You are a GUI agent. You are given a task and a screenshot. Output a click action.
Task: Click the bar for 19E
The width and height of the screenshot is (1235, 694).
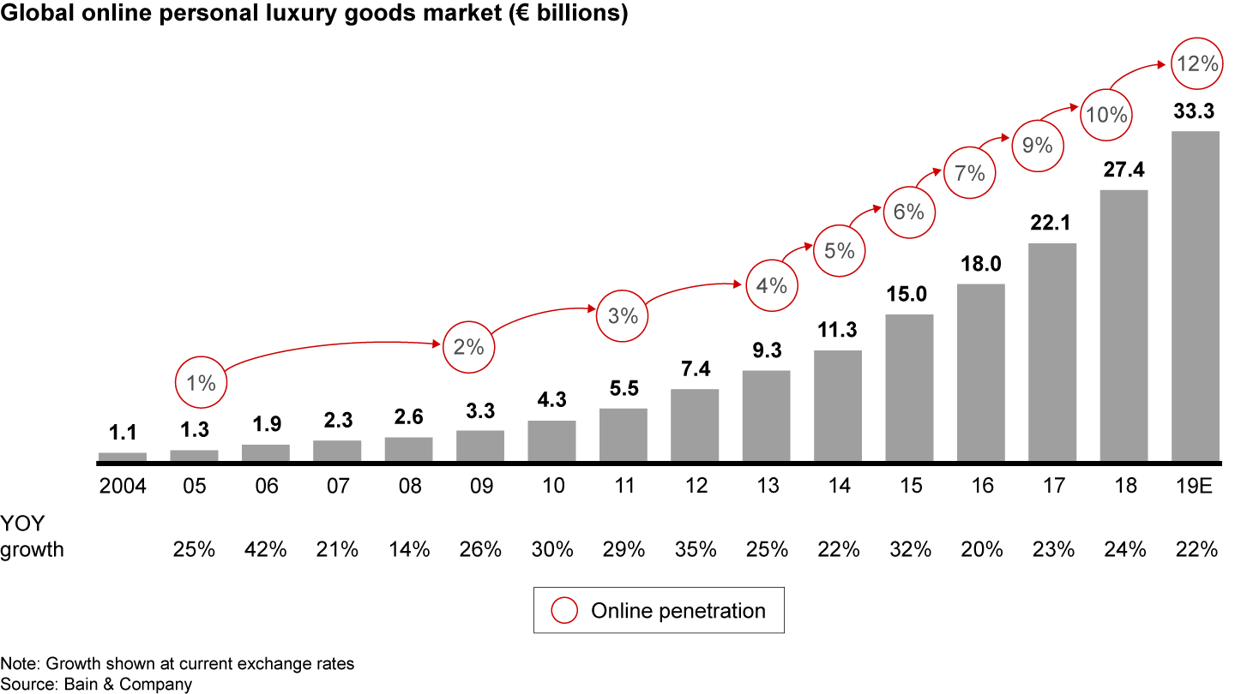point(1196,296)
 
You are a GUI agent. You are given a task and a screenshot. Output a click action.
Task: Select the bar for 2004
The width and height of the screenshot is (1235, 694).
point(123,457)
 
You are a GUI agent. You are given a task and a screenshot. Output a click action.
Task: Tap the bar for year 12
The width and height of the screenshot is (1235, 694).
point(695,425)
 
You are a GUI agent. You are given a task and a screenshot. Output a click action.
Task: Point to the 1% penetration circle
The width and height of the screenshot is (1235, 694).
point(202,383)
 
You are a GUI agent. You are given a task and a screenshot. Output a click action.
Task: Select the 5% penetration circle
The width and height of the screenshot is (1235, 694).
point(839,251)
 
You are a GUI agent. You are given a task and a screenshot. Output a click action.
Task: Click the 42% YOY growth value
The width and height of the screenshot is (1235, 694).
point(266,549)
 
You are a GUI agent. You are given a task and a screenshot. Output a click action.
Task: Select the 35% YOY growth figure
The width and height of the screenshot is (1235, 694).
point(695,549)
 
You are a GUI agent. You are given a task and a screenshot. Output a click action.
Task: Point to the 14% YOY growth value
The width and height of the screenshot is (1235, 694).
point(409,549)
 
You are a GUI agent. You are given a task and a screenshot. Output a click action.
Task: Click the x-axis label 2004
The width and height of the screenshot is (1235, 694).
point(123,486)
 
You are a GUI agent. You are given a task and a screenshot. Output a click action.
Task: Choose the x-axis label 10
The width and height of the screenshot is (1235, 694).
point(552,486)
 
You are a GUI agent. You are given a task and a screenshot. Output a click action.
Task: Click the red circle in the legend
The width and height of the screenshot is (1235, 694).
point(565,611)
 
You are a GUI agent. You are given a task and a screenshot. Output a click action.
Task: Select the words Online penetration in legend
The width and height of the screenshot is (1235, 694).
point(678,611)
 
